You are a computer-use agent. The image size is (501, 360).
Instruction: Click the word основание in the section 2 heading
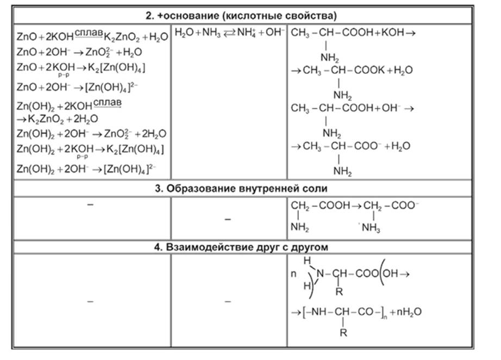192,16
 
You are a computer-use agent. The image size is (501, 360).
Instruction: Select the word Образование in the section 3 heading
201,188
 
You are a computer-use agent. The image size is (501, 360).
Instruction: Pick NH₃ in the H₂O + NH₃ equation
211,33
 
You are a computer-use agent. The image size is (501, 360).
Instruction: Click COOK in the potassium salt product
370,70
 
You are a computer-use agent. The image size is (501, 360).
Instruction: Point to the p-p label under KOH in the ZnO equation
64,75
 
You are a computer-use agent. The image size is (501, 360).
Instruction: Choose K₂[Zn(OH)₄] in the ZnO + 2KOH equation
116,68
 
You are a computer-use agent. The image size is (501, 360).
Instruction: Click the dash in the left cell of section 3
90,204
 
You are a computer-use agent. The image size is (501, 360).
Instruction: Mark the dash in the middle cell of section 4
228,301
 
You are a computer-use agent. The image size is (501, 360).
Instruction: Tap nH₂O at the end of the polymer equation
409,312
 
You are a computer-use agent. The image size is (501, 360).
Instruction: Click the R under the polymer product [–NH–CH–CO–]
343,333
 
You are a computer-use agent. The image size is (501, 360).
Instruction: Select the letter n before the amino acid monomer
293,274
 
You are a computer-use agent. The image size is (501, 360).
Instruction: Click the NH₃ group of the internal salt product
371,228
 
